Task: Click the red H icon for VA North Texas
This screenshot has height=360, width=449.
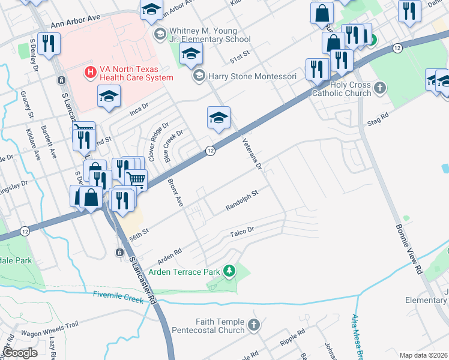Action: coord(90,73)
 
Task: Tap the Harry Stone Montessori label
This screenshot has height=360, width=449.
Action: coord(252,76)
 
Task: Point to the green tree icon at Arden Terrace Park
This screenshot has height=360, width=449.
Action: coord(229,272)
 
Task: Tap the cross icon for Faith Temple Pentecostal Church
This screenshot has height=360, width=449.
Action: coord(254,325)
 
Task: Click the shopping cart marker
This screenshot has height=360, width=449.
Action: coord(136,178)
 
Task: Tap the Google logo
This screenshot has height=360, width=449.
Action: coord(20,352)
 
